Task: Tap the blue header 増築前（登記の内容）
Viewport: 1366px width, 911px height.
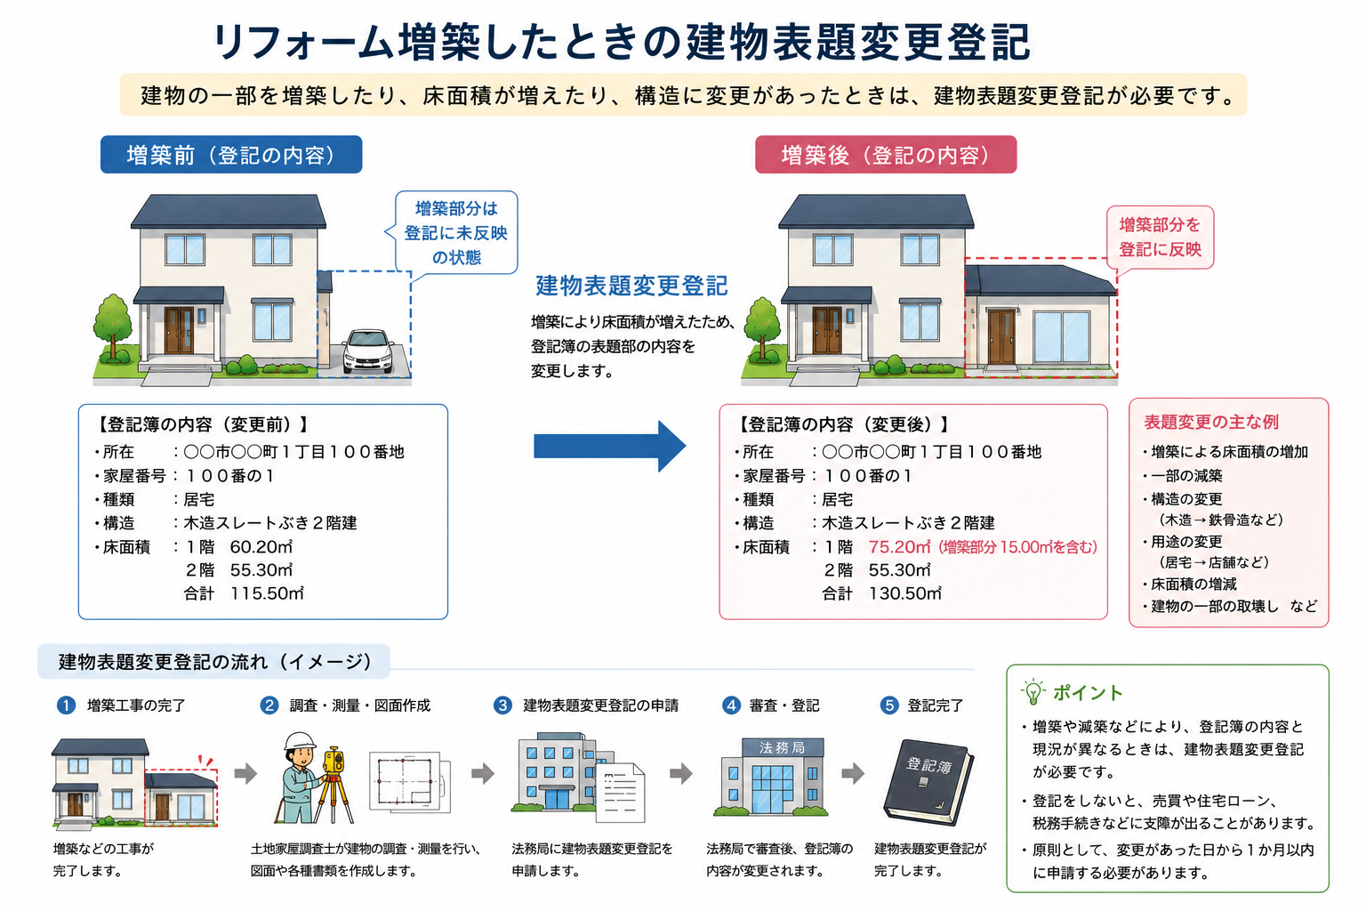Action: click(231, 155)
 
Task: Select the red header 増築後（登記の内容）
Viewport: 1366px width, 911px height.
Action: click(886, 155)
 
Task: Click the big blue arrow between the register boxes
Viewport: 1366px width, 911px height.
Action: click(609, 446)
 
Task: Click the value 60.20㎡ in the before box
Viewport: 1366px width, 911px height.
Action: click(261, 547)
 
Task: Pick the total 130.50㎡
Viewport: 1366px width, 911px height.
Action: click(905, 593)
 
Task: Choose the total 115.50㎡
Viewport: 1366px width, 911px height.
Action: click(267, 593)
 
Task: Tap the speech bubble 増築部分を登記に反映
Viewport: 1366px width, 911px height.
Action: click(1160, 238)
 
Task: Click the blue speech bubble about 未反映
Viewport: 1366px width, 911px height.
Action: click(456, 232)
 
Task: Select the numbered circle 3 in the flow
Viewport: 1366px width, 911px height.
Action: click(502, 705)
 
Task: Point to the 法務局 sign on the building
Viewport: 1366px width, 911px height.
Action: click(783, 747)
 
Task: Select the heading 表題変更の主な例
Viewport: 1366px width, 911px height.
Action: click(1211, 422)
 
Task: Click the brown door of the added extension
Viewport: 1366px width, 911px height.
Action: click(1001, 337)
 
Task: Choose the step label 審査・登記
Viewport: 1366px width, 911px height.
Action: click(783, 705)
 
